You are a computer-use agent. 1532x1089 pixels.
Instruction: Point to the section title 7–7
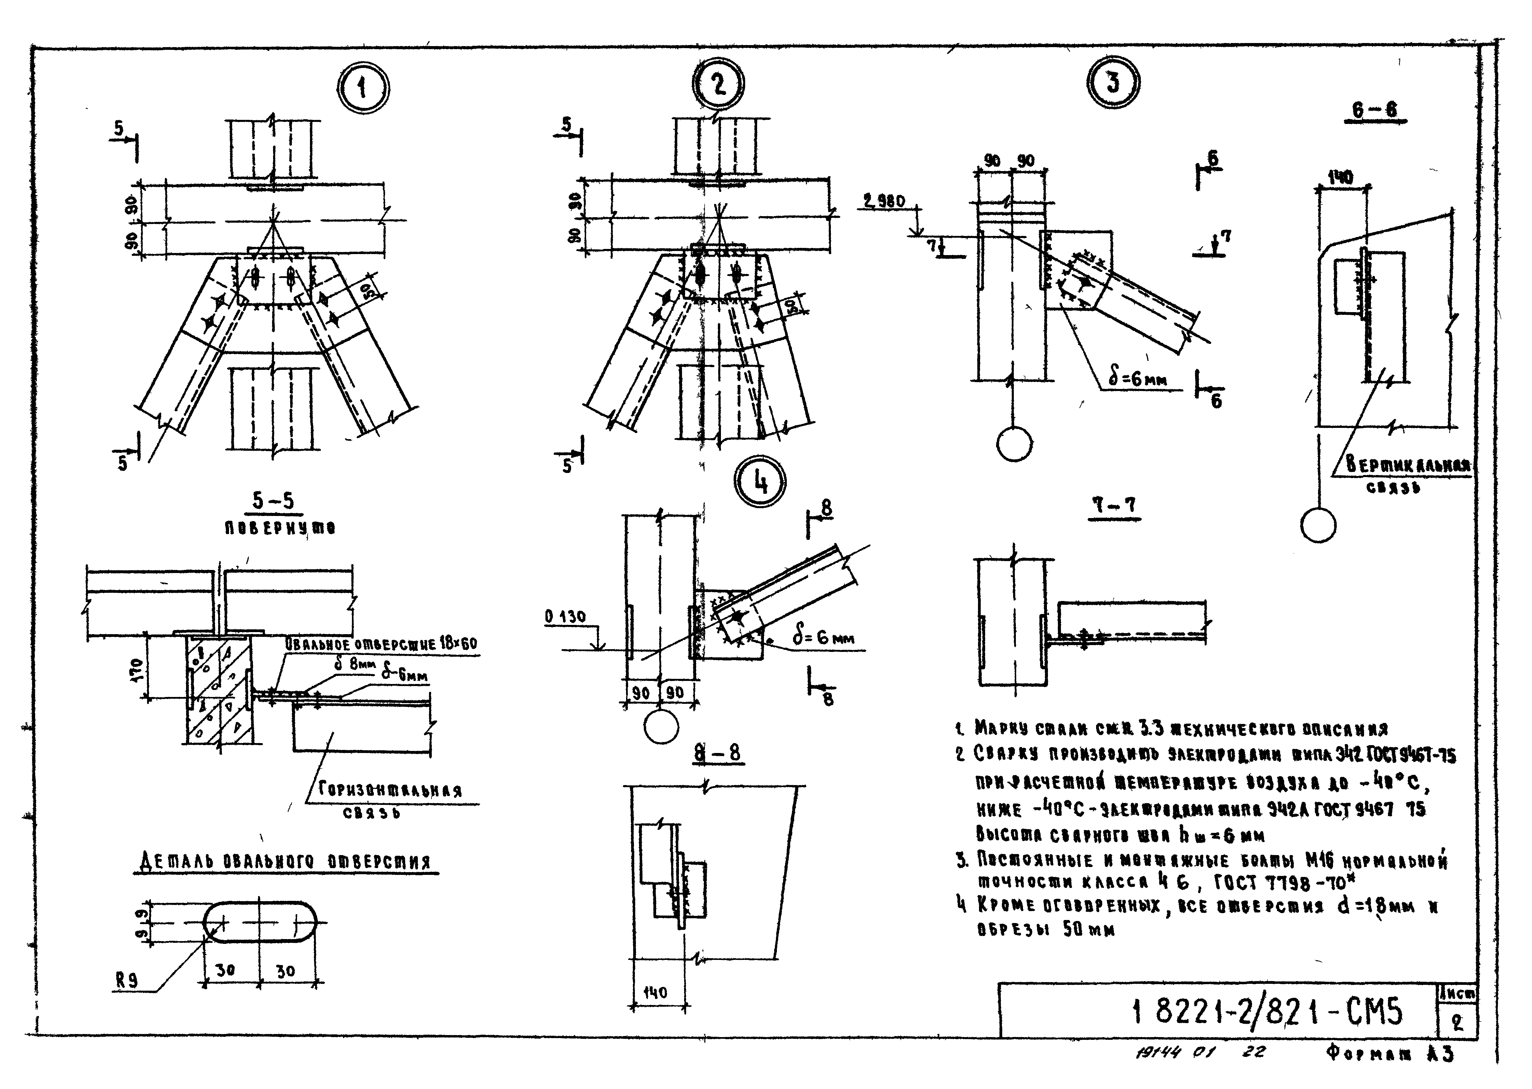coord(1114,506)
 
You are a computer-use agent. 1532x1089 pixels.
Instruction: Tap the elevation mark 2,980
coord(884,201)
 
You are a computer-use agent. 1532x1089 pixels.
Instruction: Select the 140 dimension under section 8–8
coord(655,992)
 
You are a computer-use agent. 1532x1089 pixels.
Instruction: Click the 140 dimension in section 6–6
coord(1340,178)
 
